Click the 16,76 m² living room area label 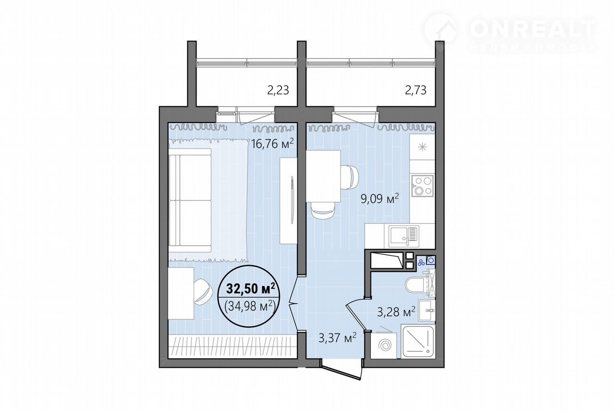click(x=272, y=144)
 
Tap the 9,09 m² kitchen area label click(x=380, y=199)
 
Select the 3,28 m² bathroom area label click(x=396, y=312)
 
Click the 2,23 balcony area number click(x=278, y=90)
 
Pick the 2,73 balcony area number click(x=416, y=90)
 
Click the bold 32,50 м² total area click(x=251, y=288)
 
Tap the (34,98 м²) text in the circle click(x=250, y=306)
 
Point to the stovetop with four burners click(x=422, y=186)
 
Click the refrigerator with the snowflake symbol click(x=422, y=147)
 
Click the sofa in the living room click(x=190, y=200)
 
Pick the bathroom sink click(x=427, y=310)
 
